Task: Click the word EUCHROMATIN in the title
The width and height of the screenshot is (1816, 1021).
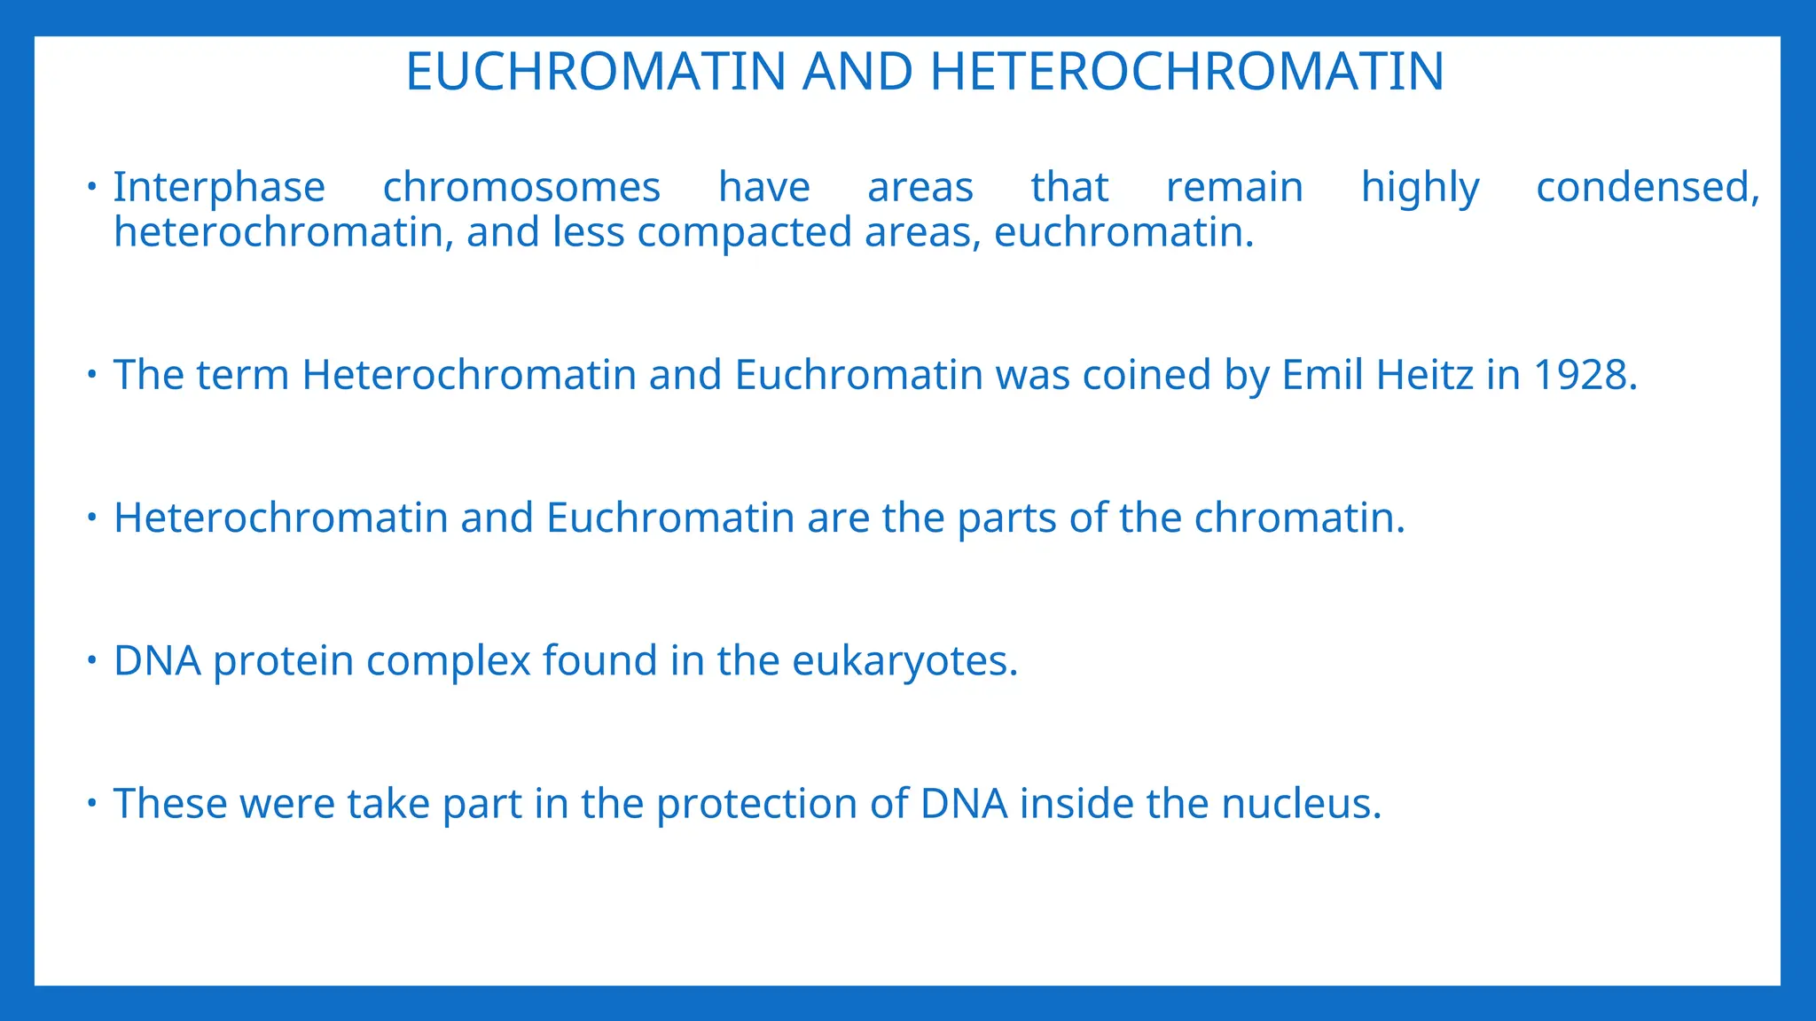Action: pyautogui.click(x=596, y=72)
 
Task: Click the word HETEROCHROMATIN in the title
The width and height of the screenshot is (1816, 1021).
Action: pyautogui.click(x=1187, y=72)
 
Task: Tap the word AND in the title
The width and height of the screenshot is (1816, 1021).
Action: pyautogui.click(x=857, y=72)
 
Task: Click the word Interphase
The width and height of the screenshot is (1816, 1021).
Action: pyautogui.click(x=219, y=188)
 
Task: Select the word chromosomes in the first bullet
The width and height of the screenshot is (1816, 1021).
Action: pyautogui.click(x=521, y=188)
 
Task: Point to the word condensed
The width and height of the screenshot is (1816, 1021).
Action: pyautogui.click(x=1647, y=188)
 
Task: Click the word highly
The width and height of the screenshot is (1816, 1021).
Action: pyautogui.click(x=1420, y=188)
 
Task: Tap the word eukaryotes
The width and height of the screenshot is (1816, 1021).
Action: pyautogui.click(x=904, y=661)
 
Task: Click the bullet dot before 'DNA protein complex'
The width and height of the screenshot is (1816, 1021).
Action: pyautogui.click(x=91, y=659)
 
